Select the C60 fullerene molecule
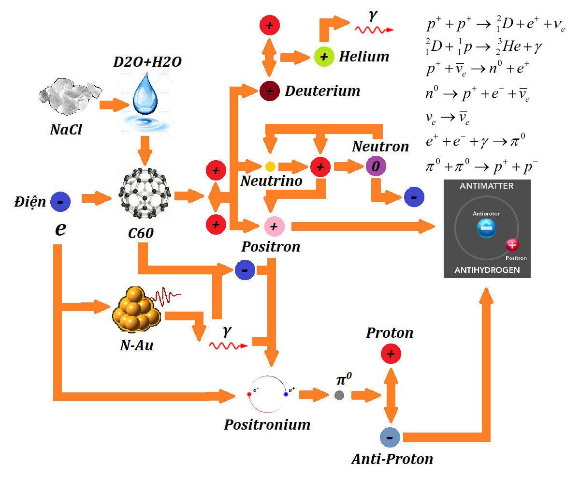[x=144, y=196]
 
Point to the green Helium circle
[x=324, y=57]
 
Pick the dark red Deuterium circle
[x=269, y=90]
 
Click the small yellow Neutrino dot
[x=270, y=167]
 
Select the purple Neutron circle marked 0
[x=376, y=166]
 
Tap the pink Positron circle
[x=274, y=225]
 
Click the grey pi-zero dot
[x=339, y=395]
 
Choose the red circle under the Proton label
[x=391, y=354]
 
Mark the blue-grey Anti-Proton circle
[x=390, y=437]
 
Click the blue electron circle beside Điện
[x=60, y=201]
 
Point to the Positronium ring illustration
[x=268, y=394]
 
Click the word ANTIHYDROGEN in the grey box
[x=487, y=270]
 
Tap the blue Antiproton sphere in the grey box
[x=486, y=228]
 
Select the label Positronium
[x=267, y=425]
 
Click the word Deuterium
[x=322, y=91]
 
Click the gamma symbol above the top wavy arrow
[x=372, y=16]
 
